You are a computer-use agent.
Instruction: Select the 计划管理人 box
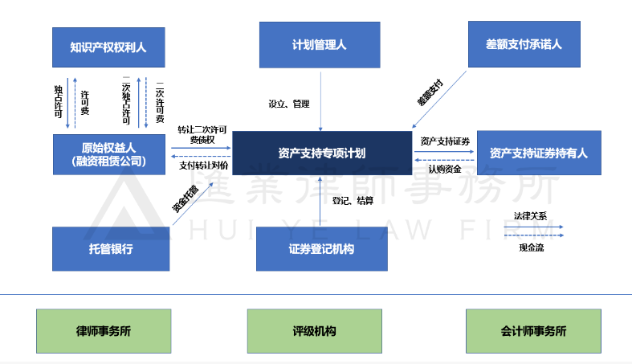(x=320, y=45)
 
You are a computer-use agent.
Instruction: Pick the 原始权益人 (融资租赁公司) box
(x=111, y=153)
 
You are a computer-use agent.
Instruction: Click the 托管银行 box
(x=111, y=249)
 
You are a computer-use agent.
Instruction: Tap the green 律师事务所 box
(x=104, y=330)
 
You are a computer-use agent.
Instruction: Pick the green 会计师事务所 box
(x=533, y=330)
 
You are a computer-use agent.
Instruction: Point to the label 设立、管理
(x=288, y=104)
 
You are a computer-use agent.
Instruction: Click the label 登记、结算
(x=353, y=200)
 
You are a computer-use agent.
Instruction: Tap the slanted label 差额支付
(x=430, y=93)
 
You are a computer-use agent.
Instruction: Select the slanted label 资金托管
(x=186, y=198)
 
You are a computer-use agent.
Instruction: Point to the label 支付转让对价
(x=203, y=166)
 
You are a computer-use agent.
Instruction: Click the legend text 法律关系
(x=530, y=216)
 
